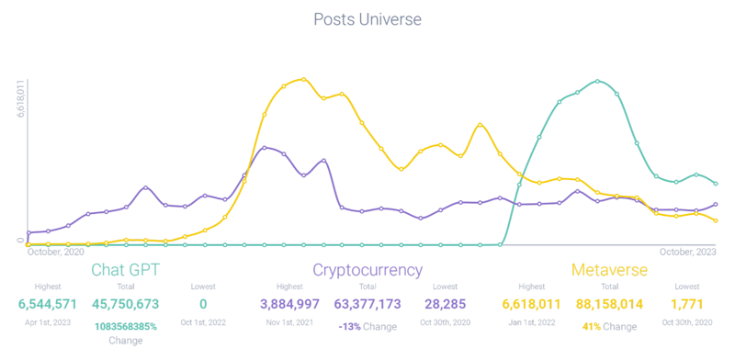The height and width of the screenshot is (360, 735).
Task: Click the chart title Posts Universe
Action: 367,18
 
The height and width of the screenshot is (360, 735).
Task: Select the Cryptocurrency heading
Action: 367,270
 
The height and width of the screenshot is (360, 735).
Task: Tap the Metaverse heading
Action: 610,270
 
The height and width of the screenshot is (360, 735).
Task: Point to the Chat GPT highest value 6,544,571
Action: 47,303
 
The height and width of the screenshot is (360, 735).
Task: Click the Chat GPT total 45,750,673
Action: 125,303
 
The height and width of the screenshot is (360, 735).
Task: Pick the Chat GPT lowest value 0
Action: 203,303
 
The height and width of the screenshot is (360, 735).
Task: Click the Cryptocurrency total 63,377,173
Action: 367,303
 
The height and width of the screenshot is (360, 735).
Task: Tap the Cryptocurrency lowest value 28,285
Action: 446,303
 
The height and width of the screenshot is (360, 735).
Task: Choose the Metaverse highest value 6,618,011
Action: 531,303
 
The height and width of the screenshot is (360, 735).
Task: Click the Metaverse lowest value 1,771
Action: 687,303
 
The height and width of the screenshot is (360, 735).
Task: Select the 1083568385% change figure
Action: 125,326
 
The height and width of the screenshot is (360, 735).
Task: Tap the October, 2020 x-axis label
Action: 56,251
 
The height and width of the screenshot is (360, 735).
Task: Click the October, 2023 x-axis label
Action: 687,251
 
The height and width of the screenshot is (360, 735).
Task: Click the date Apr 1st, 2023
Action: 47,322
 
